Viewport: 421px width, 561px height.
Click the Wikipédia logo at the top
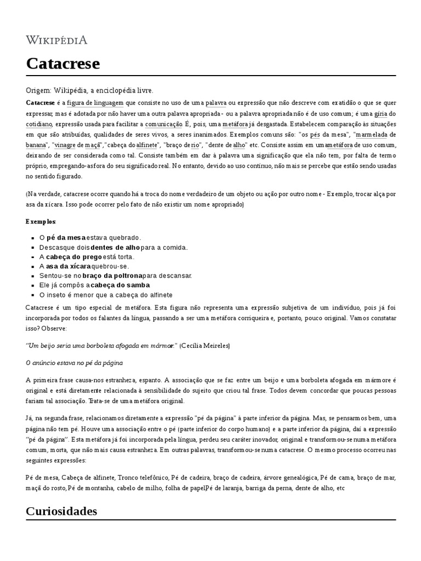click(x=56, y=40)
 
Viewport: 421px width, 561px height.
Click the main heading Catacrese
click(x=63, y=64)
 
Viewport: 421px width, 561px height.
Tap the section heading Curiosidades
click(x=61, y=511)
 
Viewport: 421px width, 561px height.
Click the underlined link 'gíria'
click(x=380, y=114)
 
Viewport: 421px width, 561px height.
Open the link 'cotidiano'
click(x=38, y=124)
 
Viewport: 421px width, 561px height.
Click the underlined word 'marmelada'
click(x=372, y=135)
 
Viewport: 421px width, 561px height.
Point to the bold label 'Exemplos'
click(x=41, y=221)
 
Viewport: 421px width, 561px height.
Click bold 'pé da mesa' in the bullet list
click(x=66, y=238)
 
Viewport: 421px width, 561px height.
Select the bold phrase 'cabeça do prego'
click(x=73, y=256)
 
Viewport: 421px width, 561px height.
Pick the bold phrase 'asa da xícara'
click(x=69, y=266)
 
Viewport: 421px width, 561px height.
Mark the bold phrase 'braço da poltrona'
click(x=112, y=276)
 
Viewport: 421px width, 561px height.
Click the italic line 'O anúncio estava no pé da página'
click(x=74, y=363)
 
